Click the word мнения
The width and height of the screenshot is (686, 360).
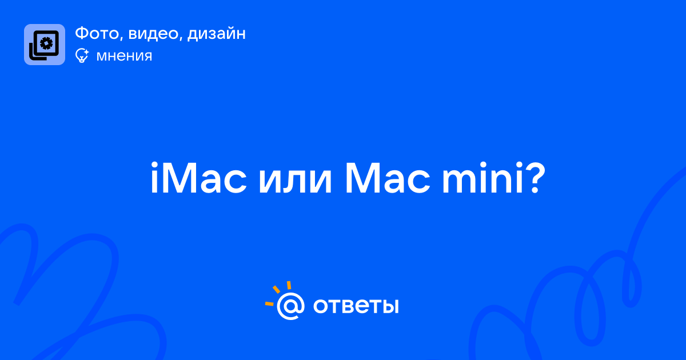pyautogui.click(x=124, y=56)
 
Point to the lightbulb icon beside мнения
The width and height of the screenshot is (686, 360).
pyautogui.click(x=82, y=55)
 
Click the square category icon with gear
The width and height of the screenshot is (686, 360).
pyautogui.click(x=45, y=45)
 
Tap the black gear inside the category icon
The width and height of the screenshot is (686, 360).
pyautogui.click(x=46, y=43)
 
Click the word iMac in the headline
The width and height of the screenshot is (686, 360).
pyautogui.click(x=198, y=178)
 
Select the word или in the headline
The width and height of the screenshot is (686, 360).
pyautogui.click(x=295, y=182)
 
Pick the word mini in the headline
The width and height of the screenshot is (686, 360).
pyautogui.click(x=482, y=178)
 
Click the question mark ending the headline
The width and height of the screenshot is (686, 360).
pyautogui.click(x=535, y=178)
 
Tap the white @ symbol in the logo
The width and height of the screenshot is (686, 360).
pyautogui.click(x=290, y=306)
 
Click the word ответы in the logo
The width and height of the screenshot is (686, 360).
pyautogui.click(x=356, y=306)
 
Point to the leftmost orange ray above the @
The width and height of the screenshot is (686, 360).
pyautogui.click(x=269, y=304)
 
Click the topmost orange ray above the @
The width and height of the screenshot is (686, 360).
pyautogui.click(x=289, y=285)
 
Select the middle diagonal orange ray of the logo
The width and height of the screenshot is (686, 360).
pyautogui.click(x=276, y=289)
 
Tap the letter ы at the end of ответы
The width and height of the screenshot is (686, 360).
pyautogui.click(x=389, y=306)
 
